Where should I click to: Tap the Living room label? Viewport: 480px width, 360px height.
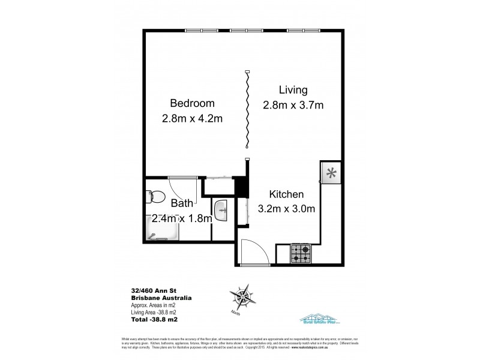293,90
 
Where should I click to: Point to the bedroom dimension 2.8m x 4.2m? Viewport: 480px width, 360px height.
193,118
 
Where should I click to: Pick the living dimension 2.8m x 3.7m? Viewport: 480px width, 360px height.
293,106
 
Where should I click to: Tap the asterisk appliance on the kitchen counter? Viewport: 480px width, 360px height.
331,173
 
